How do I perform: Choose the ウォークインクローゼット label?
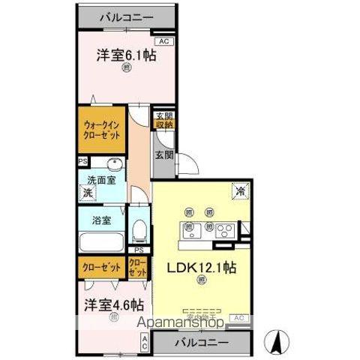(x=100, y=132)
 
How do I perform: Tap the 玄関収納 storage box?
(x=164, y=120)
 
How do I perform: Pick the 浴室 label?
(x=102, y=220)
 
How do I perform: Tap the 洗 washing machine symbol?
(x=87, y=193)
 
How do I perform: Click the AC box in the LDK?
(x=238, y=318)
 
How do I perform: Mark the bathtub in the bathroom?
(x=100, y=243)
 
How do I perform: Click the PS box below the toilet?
(x=138, y=250)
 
